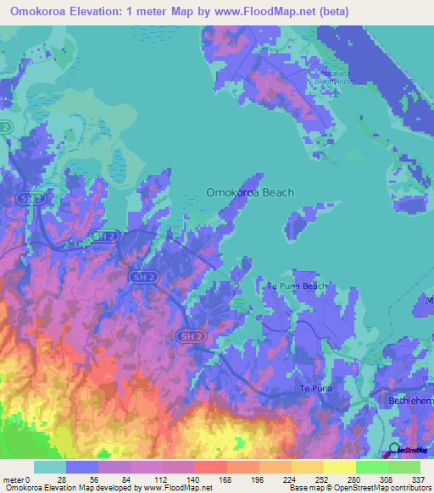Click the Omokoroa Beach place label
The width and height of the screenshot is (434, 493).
pyautogui.click(x=250, y=192)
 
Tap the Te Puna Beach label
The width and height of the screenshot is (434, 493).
pyautogui.click(x=297, y=286)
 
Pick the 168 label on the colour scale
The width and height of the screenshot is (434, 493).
pyautogui.click(x=227, y=479)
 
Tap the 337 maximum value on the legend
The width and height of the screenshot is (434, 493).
pyautogui.click(x=419, y=479)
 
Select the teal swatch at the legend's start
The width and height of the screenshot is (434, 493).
pyautogui.click(x=50, y=467)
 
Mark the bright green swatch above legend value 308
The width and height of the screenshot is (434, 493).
pyautogui.click(x=371, y=467)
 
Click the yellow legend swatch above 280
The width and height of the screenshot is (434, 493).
pyautogui.click(x=339, y=467)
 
